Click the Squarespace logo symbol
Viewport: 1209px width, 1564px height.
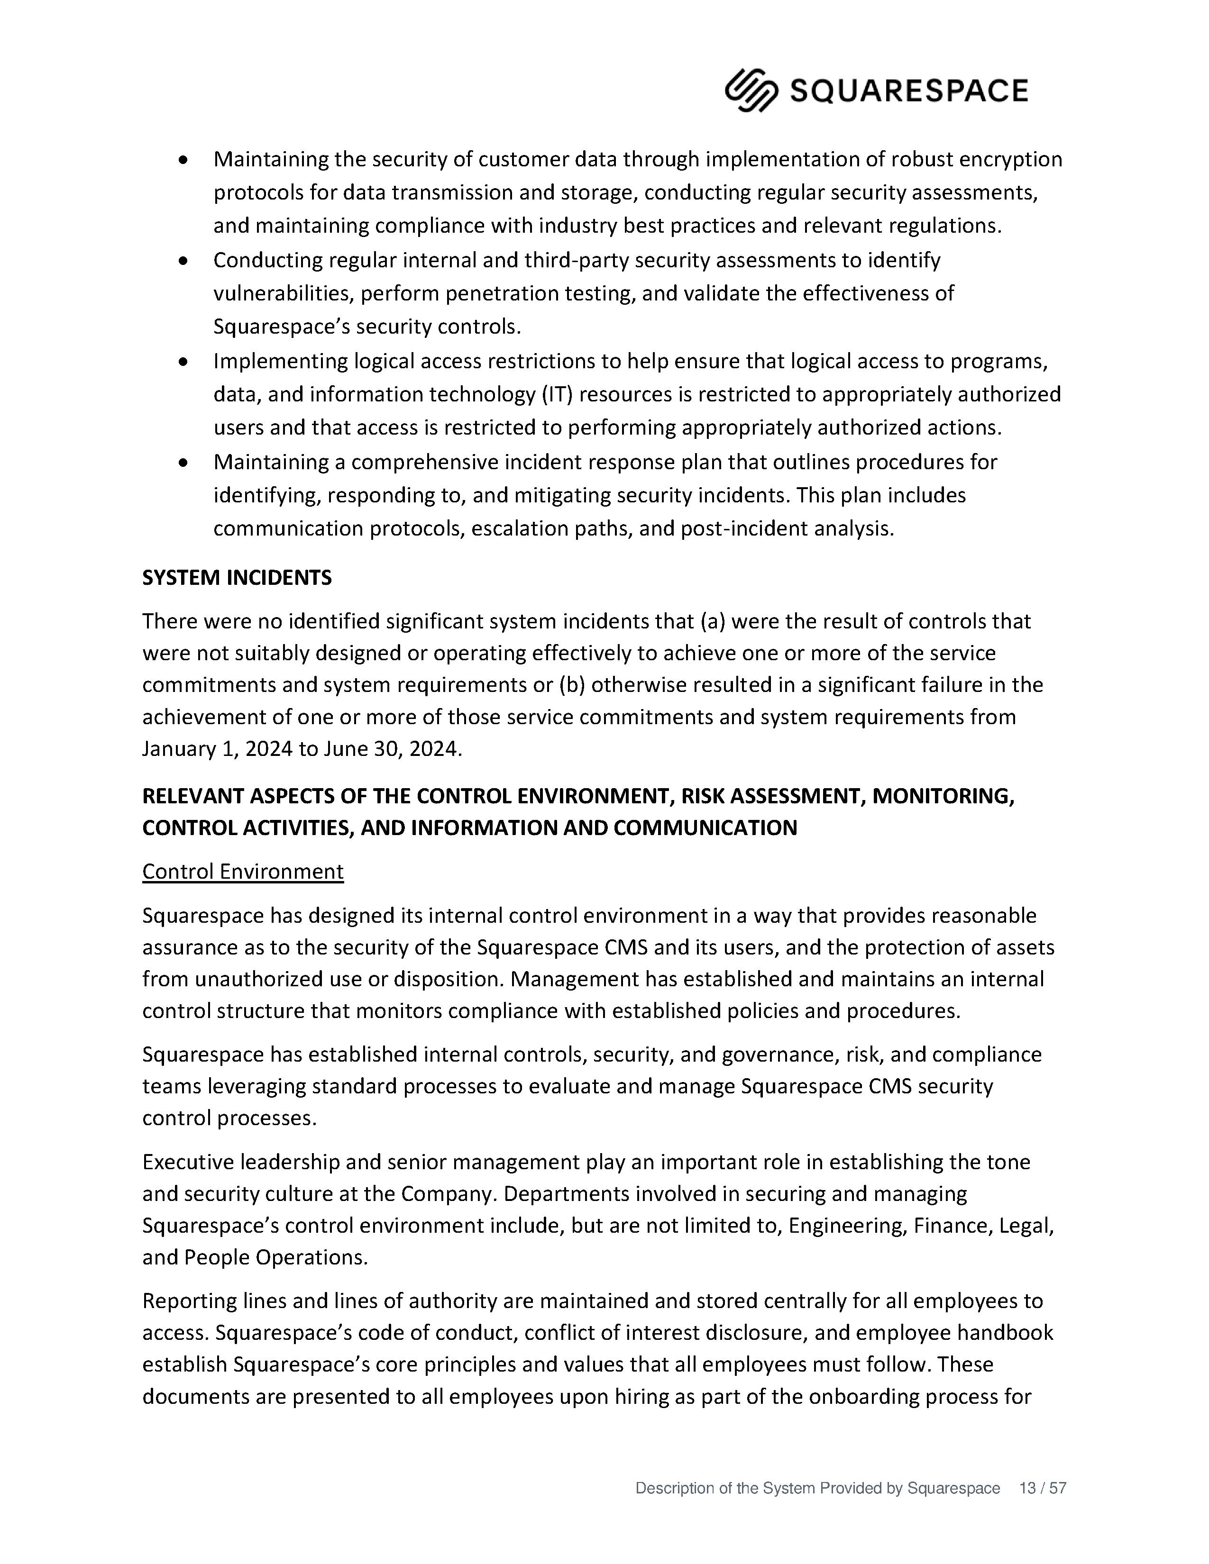(x=751, y=90)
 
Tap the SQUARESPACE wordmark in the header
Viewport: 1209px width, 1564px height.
(x=908, y=91)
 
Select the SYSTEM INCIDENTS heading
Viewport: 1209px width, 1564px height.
(x=237, y=578)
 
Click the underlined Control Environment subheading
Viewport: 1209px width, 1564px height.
(x=243, y=872)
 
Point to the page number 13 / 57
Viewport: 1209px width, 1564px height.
(x=1042, y=1488)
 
